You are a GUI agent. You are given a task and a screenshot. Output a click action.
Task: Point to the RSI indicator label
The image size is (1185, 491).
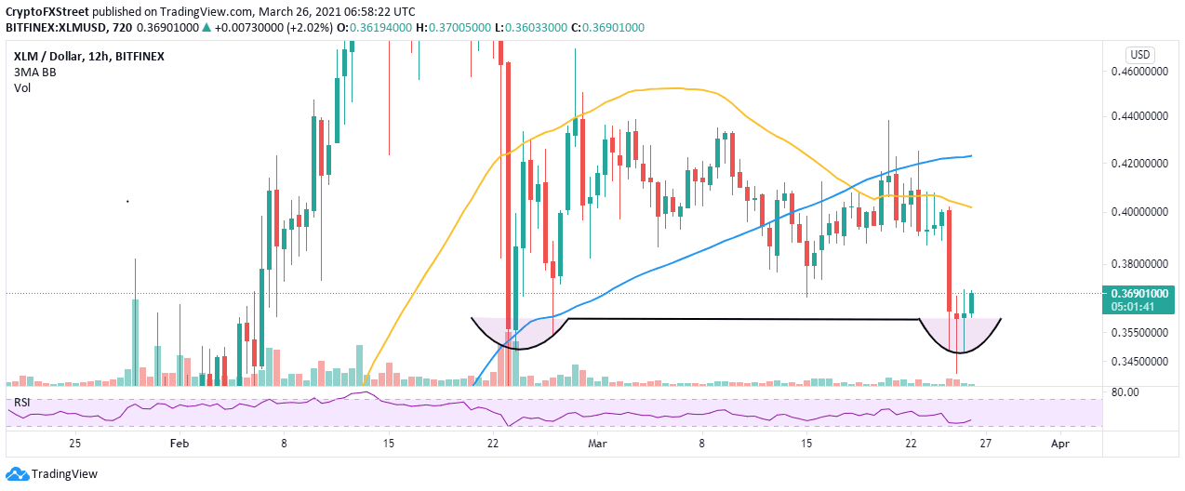click(x=23, y=403)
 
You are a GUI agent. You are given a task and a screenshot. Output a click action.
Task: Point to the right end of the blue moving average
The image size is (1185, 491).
click(x=971, y=155)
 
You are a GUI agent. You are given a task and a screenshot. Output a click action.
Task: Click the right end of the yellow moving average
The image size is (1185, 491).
click(x=971, y=206)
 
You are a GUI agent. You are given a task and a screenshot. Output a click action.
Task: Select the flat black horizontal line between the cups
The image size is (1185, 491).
click(x=744, y=319)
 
